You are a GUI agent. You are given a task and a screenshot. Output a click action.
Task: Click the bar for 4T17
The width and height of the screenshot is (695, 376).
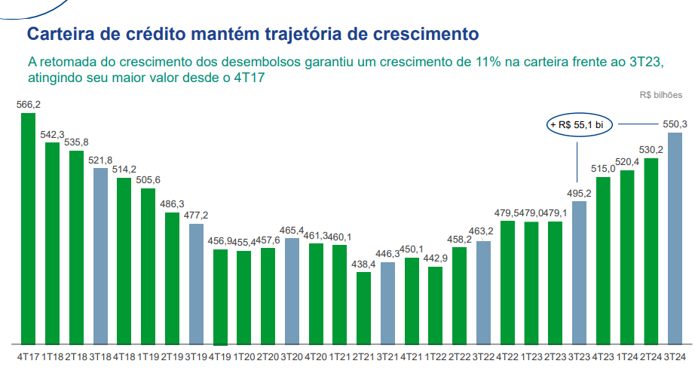(x=27, y=228)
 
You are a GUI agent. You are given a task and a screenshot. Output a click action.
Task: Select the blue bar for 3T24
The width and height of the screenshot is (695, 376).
(x=675, y=238)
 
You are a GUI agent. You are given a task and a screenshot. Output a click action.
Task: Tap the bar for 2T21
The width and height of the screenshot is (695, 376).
(x=364, y=307)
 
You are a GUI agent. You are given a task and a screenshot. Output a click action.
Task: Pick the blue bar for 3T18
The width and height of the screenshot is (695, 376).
(x=100, y=255)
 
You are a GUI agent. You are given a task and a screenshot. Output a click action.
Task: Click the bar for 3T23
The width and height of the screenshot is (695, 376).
(x=579, y=272)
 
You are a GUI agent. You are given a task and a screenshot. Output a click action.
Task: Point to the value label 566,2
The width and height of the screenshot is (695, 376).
(x=28, y=105)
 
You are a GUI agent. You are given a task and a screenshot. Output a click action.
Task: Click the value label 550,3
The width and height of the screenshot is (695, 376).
(x=675, y=124)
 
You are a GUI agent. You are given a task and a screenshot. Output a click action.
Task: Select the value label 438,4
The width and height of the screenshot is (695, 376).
(x=364, y=264)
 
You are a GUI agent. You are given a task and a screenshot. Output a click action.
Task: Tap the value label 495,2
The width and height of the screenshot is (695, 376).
(x=579, y=194)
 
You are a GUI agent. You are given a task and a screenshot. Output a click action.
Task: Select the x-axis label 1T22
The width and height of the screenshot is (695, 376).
(x=436, y=356)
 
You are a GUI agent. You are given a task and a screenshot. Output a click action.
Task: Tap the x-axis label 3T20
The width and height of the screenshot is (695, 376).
(x=292, y=356)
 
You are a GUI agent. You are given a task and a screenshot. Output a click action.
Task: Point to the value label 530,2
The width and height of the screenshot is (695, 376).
(x=651, y=151)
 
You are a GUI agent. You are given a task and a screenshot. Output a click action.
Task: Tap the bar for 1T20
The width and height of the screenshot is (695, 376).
(x=243, y=297)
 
